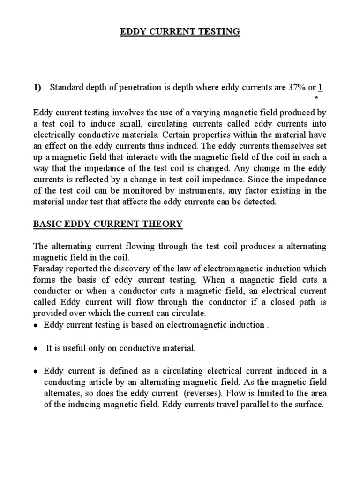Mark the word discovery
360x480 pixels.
click(142, 268)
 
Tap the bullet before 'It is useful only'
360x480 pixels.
click(36, 348)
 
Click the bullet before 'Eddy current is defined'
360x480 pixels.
click(36, 370)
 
